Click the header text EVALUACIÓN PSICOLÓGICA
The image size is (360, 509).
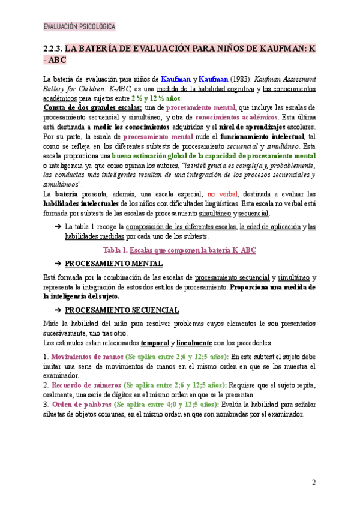coord(79,27)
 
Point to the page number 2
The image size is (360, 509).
coord(313,483)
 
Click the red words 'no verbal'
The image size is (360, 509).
coord(221,194)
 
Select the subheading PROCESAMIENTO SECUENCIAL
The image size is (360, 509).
coord(122,310)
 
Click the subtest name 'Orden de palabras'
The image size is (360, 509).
coord(82,404)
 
